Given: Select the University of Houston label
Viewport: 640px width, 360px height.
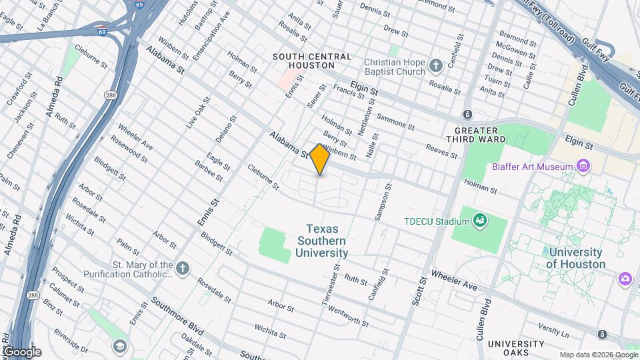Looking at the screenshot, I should (575, 258).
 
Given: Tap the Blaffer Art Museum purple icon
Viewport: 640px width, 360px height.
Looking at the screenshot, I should (583, 165).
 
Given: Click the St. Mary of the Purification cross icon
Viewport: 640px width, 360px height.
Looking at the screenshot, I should (183, 268).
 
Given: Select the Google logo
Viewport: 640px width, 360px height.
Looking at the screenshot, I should (22, 351).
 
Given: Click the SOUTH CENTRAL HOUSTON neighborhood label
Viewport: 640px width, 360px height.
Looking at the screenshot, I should (312, 61).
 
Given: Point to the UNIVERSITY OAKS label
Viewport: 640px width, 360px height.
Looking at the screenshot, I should (516, 347).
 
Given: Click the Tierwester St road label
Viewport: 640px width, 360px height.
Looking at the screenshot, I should (331, 289).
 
